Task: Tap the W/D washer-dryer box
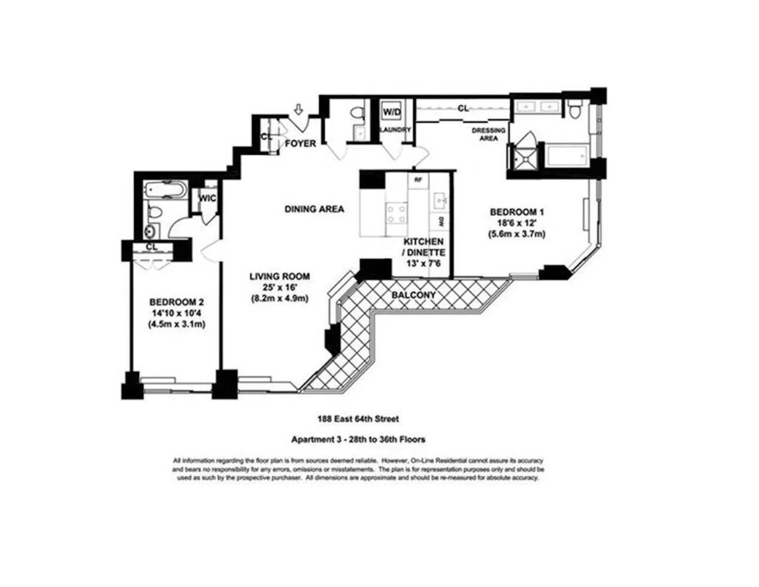[392, 112]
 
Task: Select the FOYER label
[300, 144]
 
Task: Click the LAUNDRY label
[395, 129]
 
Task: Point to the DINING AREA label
[314, 209]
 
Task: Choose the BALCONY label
[413, 295]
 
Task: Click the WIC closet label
[207, 198]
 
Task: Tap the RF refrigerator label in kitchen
[418, 178]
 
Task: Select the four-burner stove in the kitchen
[395, 214]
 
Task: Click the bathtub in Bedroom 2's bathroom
[164, 191]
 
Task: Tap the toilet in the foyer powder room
[358, 113]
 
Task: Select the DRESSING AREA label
[488, 134]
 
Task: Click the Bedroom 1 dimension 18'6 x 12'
[516, 223]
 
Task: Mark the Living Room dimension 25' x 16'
[279, 288]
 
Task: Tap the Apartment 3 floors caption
[358, 439]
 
